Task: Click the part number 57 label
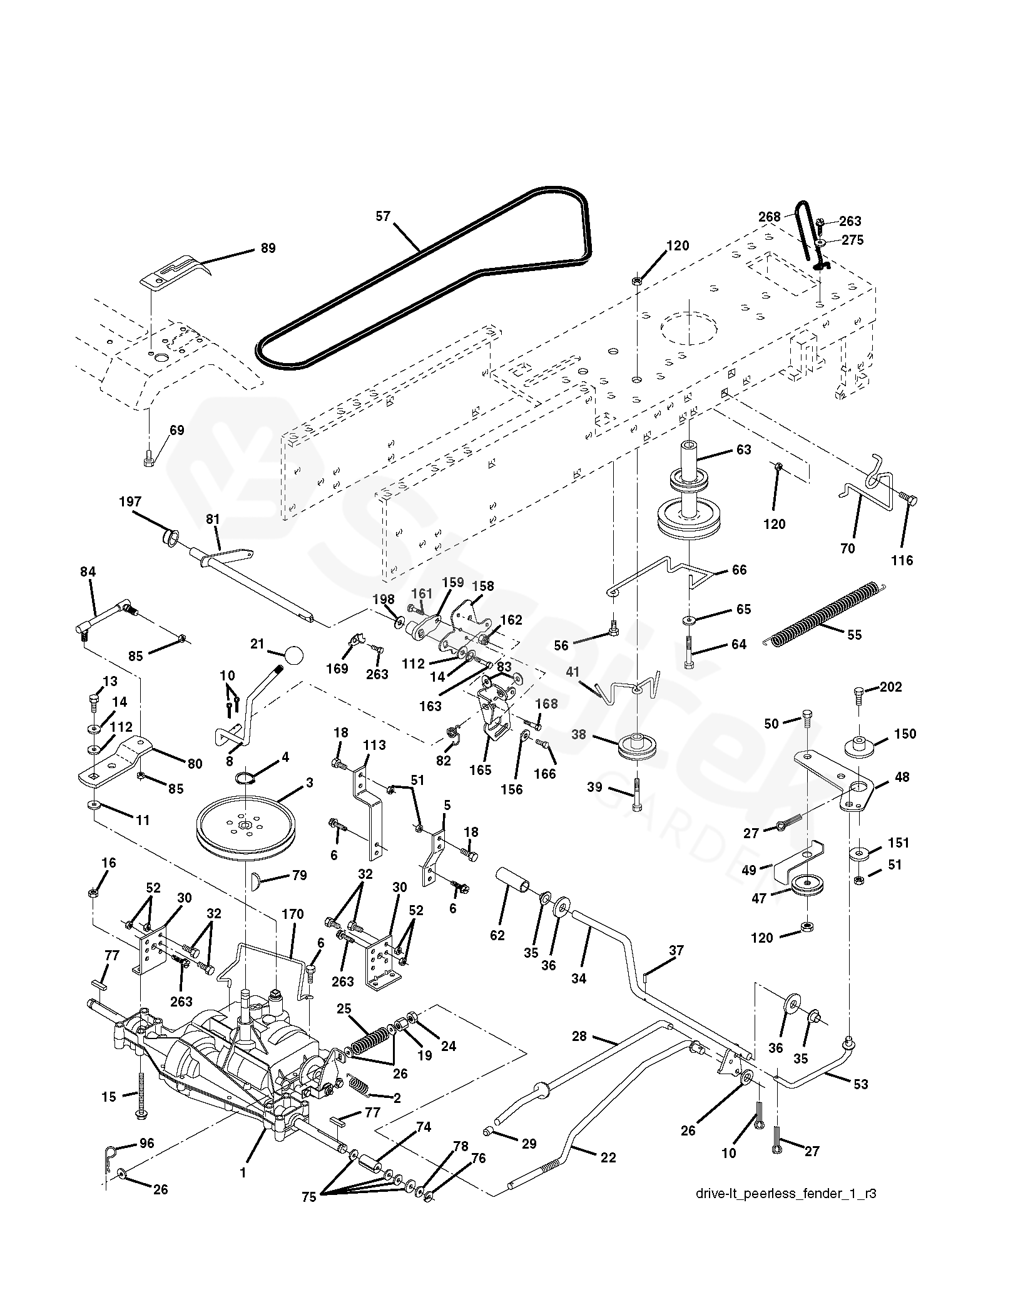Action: (x=383, y=217)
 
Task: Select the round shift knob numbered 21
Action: (x=293, y=655)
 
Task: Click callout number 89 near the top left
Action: (x=268, y=248)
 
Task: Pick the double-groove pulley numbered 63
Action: (x=688, y=495)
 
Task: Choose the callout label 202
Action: (x=891, y=687)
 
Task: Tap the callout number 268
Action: (x=769, y=217)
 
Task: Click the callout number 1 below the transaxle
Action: (x=244, y=1173)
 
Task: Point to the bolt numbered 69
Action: (x=149, y=459)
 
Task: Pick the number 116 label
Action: (x=902, y=560)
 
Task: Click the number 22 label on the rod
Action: (x=608, y=1157)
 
